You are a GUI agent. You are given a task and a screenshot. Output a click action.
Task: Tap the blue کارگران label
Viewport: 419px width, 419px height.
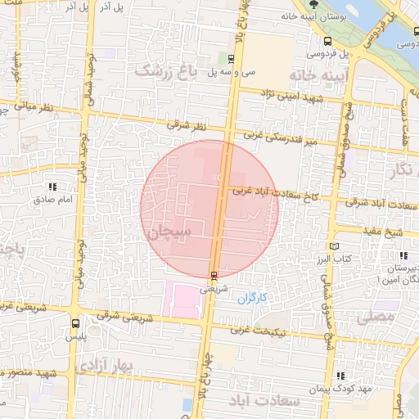coord(253,299)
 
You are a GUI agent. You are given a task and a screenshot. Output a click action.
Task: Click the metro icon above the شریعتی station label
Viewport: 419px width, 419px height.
coord(214,275)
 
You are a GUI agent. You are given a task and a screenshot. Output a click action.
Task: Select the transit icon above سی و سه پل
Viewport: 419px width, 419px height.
coord(231,58)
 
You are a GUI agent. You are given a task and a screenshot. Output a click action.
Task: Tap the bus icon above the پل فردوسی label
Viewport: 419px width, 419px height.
coord(328,40)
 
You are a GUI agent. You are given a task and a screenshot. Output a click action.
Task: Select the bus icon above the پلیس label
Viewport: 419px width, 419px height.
coord(75,323)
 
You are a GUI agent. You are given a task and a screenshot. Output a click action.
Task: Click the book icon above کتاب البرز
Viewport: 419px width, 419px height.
coord(332,246)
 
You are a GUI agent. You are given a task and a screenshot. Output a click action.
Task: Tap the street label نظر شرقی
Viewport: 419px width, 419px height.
coord(183,125)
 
